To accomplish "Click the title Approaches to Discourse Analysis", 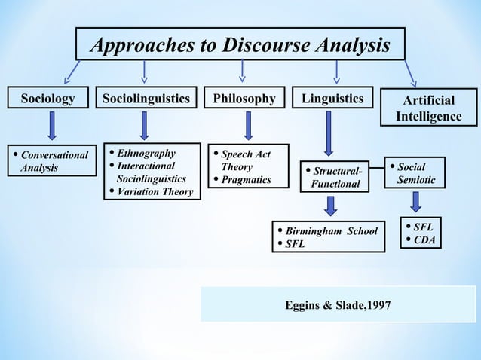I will pyautogui.click(x=240, y=46).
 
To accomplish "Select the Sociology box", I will pyautogui.click(x=47, y=99).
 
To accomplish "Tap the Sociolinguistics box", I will pyautogui.click(x=146, y=99).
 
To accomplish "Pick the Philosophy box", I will pyautogui.click(x=244, y=99).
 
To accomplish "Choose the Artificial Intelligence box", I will pyautogui.click(x=428, y=108).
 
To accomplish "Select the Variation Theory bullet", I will pyautogui.click(x=155, y=192).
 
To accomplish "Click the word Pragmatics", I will pyautogui.click(x=246, y=180).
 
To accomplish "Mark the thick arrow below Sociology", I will pyautogui.click(x=51, y=126).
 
